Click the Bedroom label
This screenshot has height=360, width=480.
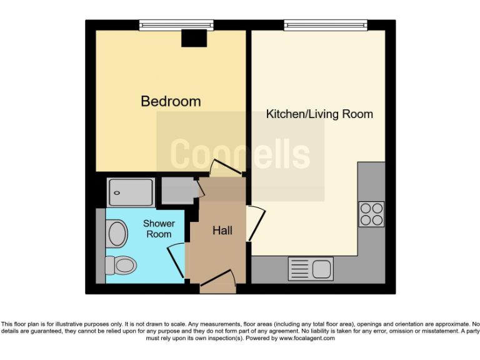[171, 101]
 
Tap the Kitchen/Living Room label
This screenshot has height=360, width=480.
[319, 114]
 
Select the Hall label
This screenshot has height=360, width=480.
[222, 231]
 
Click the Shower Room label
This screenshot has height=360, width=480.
[159, 229]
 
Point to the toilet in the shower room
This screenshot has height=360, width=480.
[121, 266]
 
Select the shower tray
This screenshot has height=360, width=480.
[130, 192]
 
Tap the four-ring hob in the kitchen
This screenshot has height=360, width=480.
[371, 214]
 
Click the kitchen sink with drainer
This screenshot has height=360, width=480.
[311, 269]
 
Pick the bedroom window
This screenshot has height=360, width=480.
[176, 26]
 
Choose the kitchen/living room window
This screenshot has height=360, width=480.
[325, 26]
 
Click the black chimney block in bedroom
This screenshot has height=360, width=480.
[194, 39]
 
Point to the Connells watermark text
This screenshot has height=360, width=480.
[240, 154]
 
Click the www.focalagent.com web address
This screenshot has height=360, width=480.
[306, 338]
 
